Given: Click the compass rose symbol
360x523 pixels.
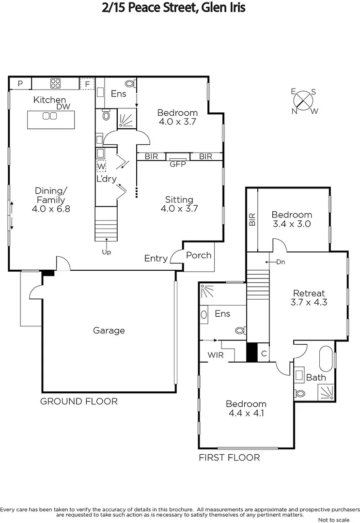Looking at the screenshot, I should (x=304, y=101).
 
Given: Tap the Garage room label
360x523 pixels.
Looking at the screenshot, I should (x=109, y=331).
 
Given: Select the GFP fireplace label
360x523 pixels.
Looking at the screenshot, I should (x=178, y=164).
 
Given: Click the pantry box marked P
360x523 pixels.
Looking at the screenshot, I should (x=20, y=84).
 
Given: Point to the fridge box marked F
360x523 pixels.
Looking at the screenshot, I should (x=87, y=84).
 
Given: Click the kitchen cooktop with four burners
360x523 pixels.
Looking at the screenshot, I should (x=55, y=83).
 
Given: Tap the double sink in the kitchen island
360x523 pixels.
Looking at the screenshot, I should (x=49, y=116).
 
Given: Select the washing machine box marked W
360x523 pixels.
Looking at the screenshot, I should (x=101, y=167).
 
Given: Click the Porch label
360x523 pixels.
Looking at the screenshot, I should (x=199, y=255).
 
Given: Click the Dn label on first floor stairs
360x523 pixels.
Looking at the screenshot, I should (x=280, y=262).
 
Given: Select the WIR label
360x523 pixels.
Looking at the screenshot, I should (x=215, y=355).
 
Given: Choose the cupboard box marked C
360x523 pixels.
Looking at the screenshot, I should (x=264, y=353).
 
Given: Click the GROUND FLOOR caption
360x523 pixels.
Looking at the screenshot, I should (x=78, y=401).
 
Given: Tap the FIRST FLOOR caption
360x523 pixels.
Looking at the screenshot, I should (x=229, y=458).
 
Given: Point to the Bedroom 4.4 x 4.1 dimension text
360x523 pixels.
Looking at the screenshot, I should (x=246, y=413).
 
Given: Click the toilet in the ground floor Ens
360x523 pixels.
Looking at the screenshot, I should (x=129, y=83).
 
